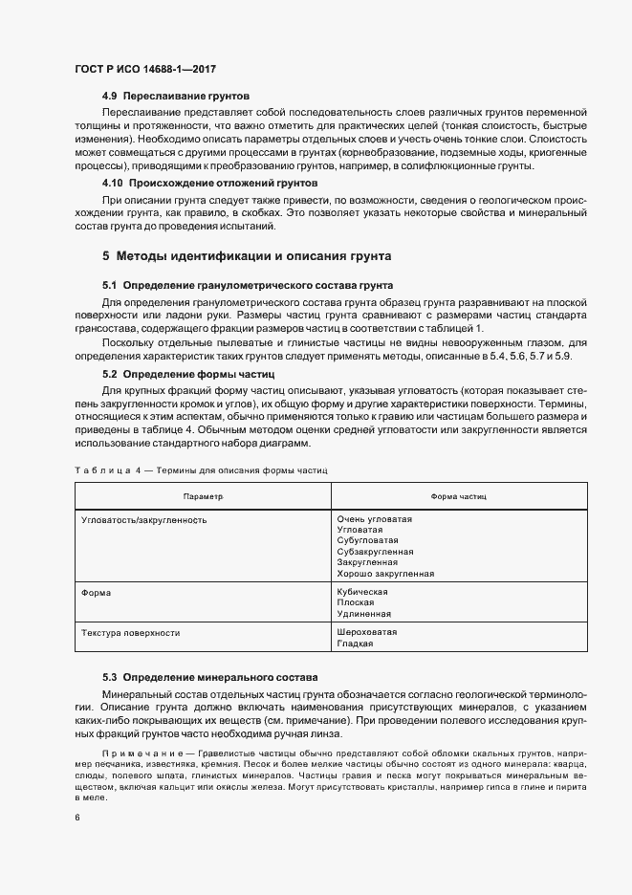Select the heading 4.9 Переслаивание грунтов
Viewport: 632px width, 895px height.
tap(176, 98)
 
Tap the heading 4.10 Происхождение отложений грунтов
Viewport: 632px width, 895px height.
tap(210, 183)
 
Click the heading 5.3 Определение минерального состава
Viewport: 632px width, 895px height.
tap(209, 677)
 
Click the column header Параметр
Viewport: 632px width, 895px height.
tap(203, 498)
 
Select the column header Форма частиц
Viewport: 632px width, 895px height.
tap(459, 498)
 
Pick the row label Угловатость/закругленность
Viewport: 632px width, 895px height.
tap(144, 520)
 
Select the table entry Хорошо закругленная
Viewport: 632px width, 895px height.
tap(385, 574)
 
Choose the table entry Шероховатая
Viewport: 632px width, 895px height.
tap(367, 633)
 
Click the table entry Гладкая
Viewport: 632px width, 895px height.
tap(355, 644)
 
